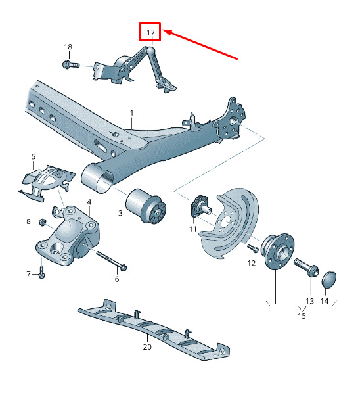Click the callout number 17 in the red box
pos(151,32)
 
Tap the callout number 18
pos(68,47)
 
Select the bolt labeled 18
pos(71,64)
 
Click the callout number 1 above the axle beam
pos(132,113)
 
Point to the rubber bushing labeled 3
pos(146,206)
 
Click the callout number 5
pos(34,156)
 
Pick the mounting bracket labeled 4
pos(68,235)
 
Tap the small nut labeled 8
pos(42,222)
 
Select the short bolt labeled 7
pos(41,273)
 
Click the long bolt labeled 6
pos(111,261)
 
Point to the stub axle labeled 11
pos(200,206)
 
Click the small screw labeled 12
pos(253,248)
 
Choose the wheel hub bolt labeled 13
pos(306,267)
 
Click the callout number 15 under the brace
pos(302,316)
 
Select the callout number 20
pos(147,347)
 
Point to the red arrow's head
pos(168,32)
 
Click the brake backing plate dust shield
pos(229,223)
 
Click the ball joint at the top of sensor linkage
pos(150,50)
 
